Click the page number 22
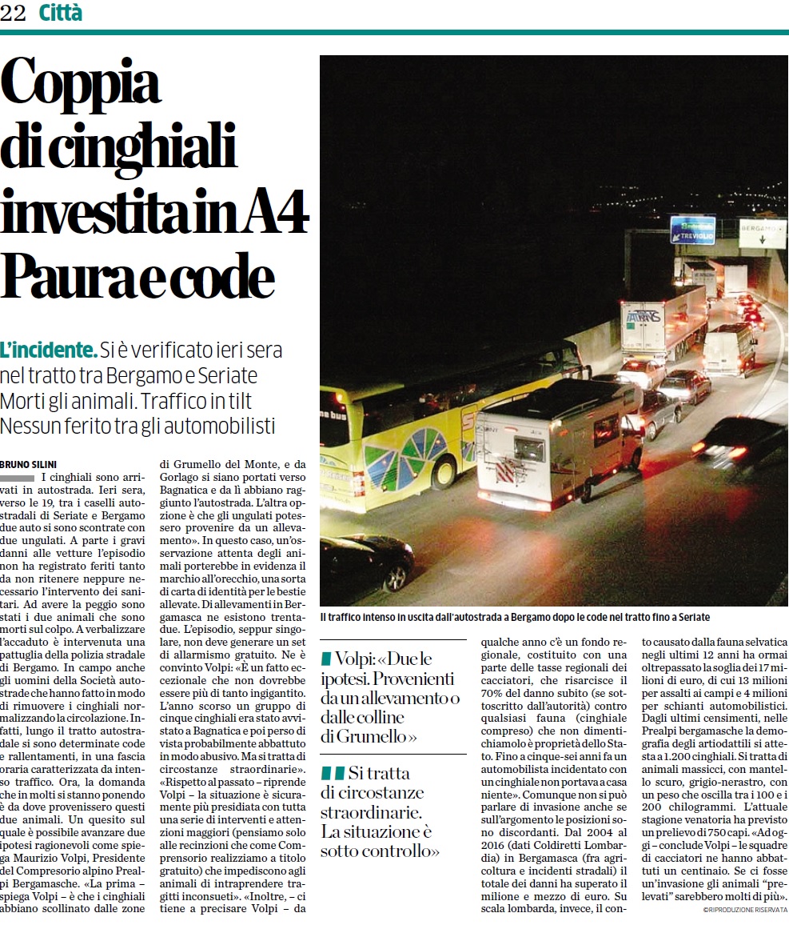point(14,13)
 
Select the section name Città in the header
point(60,13)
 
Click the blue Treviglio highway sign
point(692,230)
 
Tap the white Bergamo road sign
point(762,232)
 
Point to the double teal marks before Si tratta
point(333,773)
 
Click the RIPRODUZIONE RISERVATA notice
point(745,910)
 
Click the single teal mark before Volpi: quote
point(326,659)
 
